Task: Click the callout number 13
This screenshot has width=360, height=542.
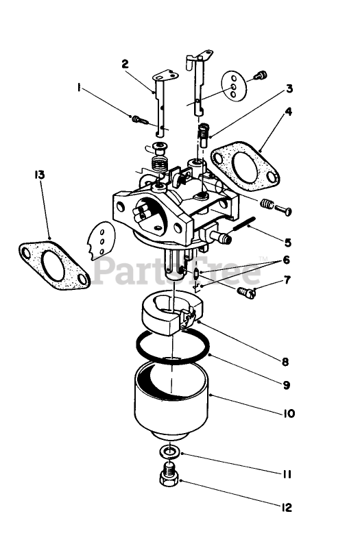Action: pyautogui.click(x=39, y=175)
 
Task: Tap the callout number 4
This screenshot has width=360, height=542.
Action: pyautogui.click(x=288, y=112)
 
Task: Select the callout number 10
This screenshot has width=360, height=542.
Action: pyautogui.click(x=288, y=413)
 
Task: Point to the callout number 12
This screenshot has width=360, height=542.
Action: pyautogui.click(x=286, y=508)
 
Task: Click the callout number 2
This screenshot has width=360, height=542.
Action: pyautogui.click(x=125, y=64)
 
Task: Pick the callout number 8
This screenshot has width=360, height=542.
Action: pyautogui.click(x=285, y=362)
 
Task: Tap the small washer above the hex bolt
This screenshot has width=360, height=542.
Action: pyautogui.click(x=169, y=451)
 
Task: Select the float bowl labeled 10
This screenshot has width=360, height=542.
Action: pyautogui.click(x=171, y=401)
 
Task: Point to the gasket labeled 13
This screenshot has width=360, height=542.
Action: pyautogui.click(x=53, y=264)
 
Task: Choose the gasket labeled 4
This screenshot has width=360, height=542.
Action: pyautogui.click(x=245, y=167)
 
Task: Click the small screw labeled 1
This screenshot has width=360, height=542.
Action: pyautogui.click(x=140, y=120)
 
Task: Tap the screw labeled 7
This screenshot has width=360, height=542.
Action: pyautogui.click(x=247, y=293)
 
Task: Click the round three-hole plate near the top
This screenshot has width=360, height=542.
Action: pyautogui.click(x=233, y=86)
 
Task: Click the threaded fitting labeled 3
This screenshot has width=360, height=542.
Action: pyautogui.click(x=203, y=135)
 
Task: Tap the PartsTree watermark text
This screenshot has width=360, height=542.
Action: pyautogui.click(x=176, y=271)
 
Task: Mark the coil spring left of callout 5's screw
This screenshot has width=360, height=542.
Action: pyautogui.click(x=267, y=204)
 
